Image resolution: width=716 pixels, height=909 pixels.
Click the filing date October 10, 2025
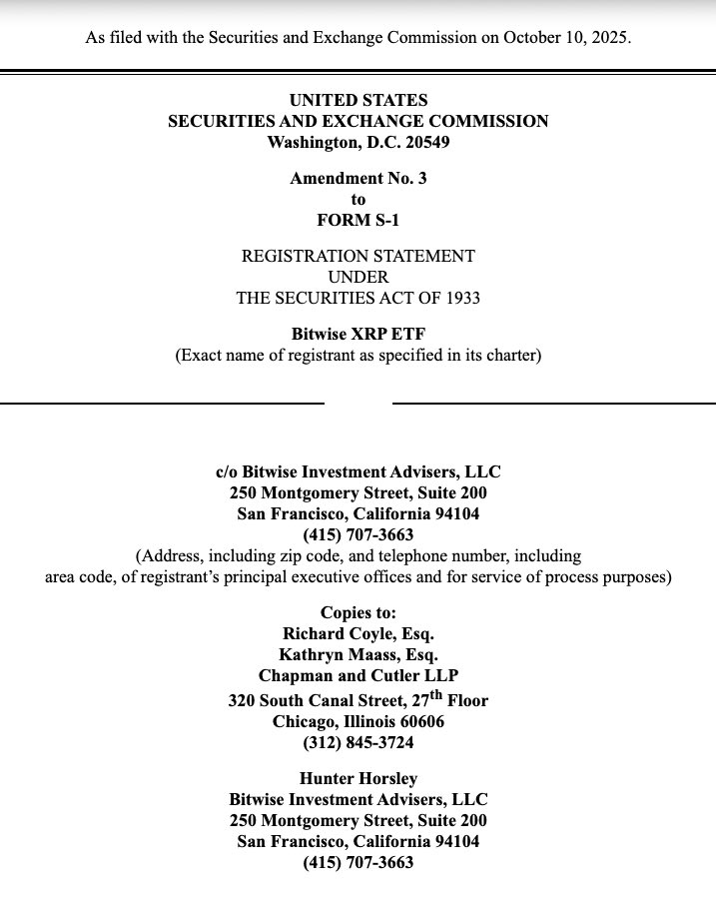coord(567,38)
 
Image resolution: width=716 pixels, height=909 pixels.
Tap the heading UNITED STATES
coord(358,100)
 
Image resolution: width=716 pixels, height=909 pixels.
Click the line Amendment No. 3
coord(358,179)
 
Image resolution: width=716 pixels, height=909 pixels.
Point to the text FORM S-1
coord(358,220)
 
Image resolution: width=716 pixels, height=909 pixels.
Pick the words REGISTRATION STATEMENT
coord(358,256)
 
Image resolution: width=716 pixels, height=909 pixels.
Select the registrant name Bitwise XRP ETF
coord(358,335)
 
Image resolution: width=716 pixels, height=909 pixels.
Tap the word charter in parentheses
coord(509,356)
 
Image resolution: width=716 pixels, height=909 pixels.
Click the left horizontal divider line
coord(162,403)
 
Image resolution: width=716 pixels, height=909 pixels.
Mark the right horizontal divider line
coord(554,403)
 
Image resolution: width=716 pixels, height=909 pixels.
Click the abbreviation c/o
coord(230,471)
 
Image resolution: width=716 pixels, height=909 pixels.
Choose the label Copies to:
coord(358,612)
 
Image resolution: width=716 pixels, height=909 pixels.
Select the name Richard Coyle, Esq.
coord(358,633)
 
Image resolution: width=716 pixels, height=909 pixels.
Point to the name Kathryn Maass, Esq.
coord(358,654)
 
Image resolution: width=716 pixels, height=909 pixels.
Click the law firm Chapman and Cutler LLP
coord(358,675)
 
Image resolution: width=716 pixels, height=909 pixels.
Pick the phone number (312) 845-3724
coord(358,742)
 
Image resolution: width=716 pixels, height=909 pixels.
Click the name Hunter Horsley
coord(358,778)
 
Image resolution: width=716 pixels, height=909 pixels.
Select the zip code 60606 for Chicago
coord(420,721)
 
